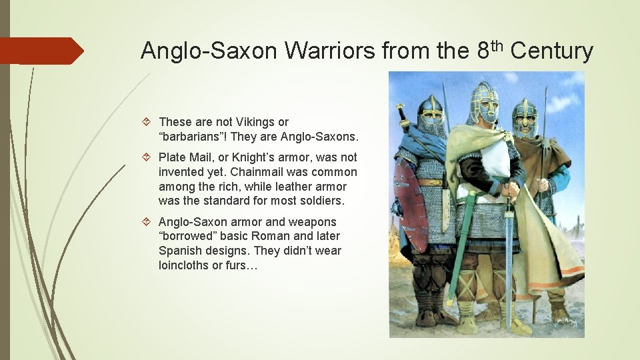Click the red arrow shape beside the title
click(40, 51)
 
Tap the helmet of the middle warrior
click(483, 100)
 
